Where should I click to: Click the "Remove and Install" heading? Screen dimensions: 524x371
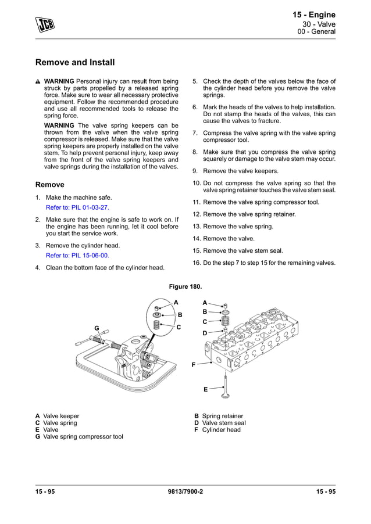pos(75,62)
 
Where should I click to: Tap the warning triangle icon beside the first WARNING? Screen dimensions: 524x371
pos(38,81)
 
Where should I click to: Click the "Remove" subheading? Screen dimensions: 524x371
pos(50,185)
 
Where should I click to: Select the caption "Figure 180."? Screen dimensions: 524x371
pos(185,287)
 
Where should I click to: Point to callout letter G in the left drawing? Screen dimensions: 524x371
pos(97,328)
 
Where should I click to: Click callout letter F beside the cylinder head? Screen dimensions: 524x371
pos(193,364)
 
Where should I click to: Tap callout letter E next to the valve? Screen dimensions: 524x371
pos(205,389)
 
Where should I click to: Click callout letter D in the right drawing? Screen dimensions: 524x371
pos(205,333)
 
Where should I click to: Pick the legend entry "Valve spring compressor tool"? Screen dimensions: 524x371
pos(83,437)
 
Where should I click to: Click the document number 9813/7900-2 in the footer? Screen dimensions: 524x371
pos(185,493)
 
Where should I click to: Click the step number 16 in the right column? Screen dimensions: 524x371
pos(197,263)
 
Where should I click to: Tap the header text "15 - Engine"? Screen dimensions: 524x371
pos(313,15)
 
